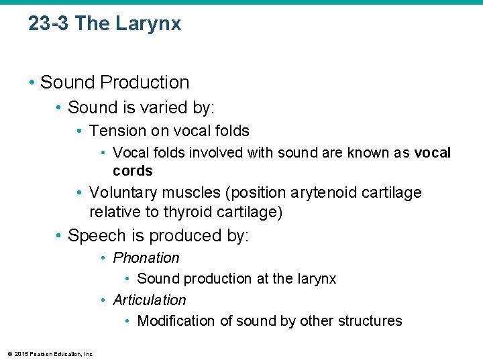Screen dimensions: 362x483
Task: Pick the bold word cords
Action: (133, 170)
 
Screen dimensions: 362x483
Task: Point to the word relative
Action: (115, 213)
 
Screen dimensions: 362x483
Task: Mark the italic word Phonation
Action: (146, 258)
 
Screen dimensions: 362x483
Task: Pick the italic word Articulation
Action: (150, 300)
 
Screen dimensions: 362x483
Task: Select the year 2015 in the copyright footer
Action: (20, 354)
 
